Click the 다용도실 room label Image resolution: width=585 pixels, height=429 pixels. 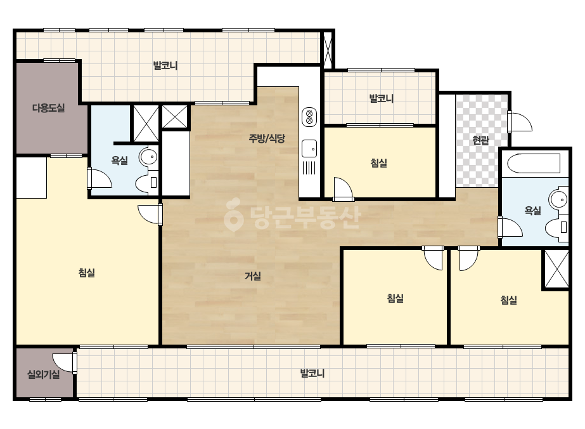click(49, 109)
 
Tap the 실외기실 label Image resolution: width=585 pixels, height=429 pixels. click(44, 374)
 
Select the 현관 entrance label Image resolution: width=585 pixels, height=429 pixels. click(480, 140)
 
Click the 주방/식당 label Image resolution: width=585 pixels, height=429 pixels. click(267, 138)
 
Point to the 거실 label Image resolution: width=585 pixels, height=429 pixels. click(253, 276)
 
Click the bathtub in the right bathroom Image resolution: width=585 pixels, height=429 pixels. click(534, 163)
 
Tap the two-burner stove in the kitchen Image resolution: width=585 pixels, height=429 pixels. click(309, 117)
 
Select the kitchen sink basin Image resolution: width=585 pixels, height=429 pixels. click(309, 148)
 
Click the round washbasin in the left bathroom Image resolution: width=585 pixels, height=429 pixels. click(148, 157)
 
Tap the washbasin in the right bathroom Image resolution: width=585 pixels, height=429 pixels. click(558, 199)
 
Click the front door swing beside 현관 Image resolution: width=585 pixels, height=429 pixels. click(520, 121)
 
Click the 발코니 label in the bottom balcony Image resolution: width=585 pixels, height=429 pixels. click(312, 373)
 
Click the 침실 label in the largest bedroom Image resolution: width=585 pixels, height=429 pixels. click(87, 273)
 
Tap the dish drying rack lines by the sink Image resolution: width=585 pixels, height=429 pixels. click(309, 168)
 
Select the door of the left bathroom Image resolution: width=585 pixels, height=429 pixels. click(99, 178)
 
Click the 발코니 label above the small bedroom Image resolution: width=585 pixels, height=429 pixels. click(382, 98)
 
